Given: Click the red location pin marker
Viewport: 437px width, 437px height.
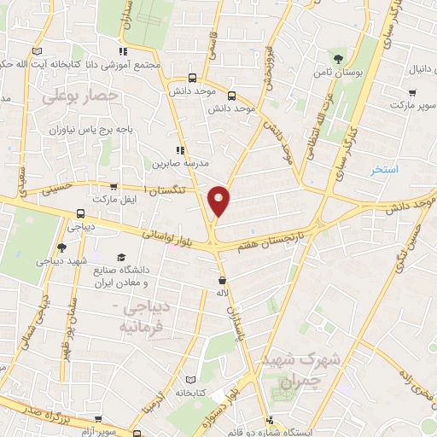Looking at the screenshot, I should click(x=219, y=200).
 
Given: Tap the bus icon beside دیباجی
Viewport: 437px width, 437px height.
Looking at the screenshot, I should click(x=79, y=213).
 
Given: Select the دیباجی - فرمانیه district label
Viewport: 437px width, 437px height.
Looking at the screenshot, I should click(x=141, y=317).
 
